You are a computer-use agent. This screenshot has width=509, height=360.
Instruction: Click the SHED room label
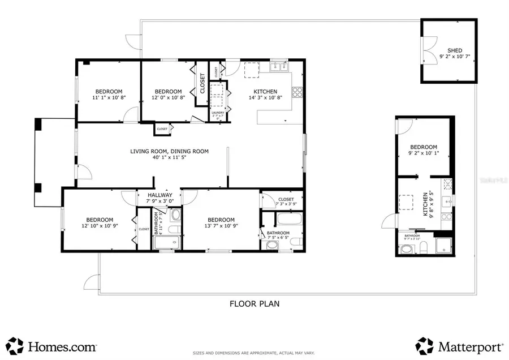tap(455, 50)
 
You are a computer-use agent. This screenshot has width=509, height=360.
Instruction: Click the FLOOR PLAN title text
tap(254, 303)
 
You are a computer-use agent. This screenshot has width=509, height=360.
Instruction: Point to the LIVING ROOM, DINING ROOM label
tap(169, 151)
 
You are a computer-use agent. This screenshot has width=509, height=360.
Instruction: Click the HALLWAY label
tap(159, 195)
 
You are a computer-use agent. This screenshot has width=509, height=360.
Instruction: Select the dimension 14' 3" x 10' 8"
tap(265, 98)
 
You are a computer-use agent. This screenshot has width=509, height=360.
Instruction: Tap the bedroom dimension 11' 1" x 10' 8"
tap(108, 98)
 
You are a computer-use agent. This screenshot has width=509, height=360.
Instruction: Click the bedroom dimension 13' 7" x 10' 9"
tap(221, 226)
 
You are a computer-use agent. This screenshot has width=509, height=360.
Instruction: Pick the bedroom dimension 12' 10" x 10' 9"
tap(100, 226)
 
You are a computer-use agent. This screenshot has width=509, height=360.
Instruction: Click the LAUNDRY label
tap(218, 113)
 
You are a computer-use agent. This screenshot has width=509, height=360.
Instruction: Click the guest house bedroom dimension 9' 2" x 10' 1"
tap(424, 153)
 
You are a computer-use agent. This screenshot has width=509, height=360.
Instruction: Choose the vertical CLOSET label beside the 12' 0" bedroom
tap(202, 83)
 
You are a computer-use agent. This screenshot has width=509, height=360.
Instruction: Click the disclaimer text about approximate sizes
tap(254, 352)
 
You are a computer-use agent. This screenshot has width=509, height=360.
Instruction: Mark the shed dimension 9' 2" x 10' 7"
tap(455, 57)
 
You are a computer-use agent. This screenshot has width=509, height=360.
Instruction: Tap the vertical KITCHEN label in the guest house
tap(425, 204)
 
